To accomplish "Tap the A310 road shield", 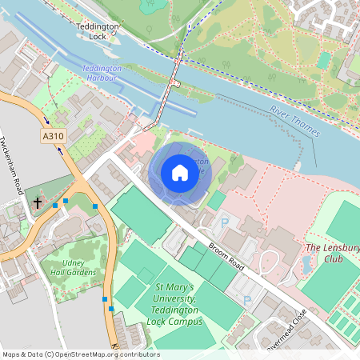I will point(54,138).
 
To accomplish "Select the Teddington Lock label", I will point(98,31).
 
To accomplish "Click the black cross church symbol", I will point(38,202).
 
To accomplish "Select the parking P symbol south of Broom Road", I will point(246,300).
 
